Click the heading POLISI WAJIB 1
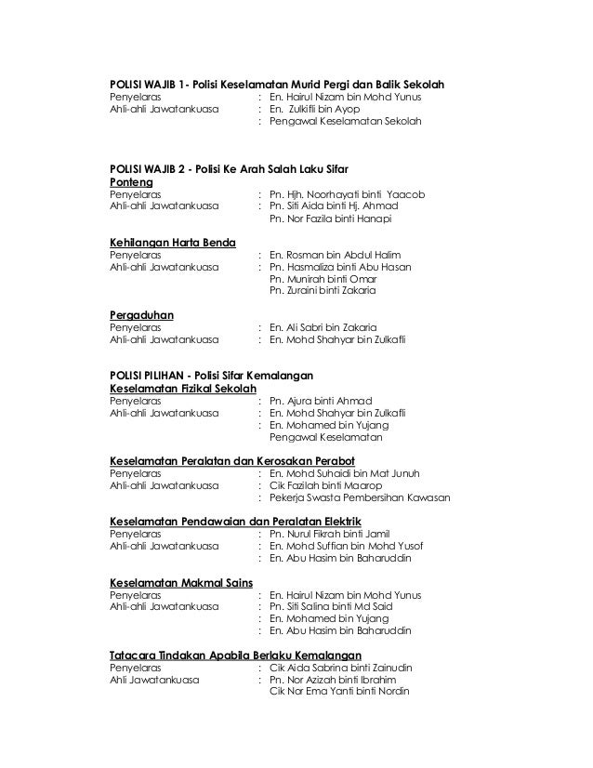coord(277,82)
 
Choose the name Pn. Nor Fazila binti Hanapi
coord(330,219)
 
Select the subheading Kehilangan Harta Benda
coord(173,243)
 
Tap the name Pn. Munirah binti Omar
coord(323,279)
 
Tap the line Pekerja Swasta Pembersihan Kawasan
coord(359,497)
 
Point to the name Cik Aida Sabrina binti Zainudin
coord(340,668)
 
